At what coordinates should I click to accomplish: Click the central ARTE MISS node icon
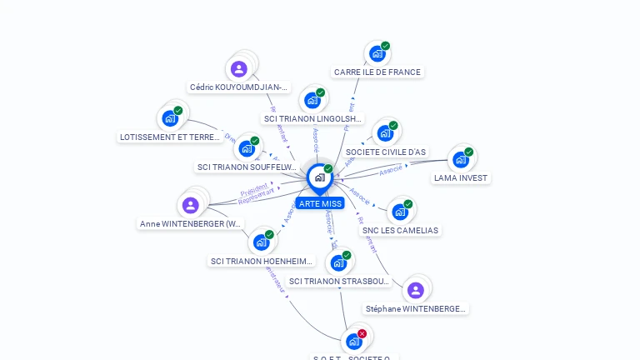pos(319,177)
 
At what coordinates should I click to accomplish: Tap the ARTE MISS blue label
pos(319,203)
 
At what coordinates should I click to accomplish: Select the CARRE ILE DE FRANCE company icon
pos(377,54)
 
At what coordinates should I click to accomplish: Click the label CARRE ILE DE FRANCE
pos(377,72)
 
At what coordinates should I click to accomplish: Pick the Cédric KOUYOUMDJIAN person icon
pos(239,69)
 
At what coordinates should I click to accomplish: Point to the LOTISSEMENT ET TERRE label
pos(170,137)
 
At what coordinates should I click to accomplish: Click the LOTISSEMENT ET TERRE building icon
pos(170,118)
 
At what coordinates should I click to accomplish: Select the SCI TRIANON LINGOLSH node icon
pos(312,101)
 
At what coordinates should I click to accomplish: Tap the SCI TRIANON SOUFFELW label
pos(247,167)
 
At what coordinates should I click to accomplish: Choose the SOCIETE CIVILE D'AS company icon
pos(384,133)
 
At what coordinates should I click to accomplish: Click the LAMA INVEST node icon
pos(460,160)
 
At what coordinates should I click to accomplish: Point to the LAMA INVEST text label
pos(461,178)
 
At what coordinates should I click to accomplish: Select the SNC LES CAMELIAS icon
pos(399,212)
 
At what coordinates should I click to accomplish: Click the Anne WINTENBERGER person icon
pos(190,205)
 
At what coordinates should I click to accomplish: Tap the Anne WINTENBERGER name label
pos(192,224)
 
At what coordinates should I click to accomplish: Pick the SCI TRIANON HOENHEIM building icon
pos(261,242)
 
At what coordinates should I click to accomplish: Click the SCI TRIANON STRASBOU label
pos(339,282)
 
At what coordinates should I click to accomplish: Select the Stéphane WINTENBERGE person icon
pos(415,290)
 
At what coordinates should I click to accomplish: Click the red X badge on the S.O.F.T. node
pos(362,333)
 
